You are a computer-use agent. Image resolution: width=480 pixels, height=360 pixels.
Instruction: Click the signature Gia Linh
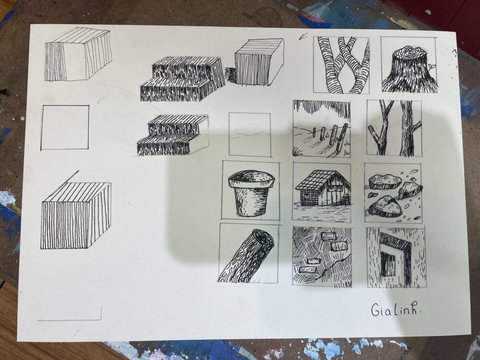pos(396,310)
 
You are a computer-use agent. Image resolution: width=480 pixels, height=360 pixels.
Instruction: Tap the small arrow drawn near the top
pos(303,37)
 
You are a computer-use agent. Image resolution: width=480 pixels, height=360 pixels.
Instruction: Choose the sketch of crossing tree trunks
pos(341,65)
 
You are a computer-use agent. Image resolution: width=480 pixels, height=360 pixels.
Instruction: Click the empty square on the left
pos(65,127)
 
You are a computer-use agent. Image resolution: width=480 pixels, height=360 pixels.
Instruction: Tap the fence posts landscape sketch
pos(322,129)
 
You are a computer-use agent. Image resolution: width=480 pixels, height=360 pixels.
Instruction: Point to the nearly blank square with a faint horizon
pos(250,134)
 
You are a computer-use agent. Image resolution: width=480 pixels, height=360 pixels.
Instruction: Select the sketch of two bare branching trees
pos(395,128)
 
